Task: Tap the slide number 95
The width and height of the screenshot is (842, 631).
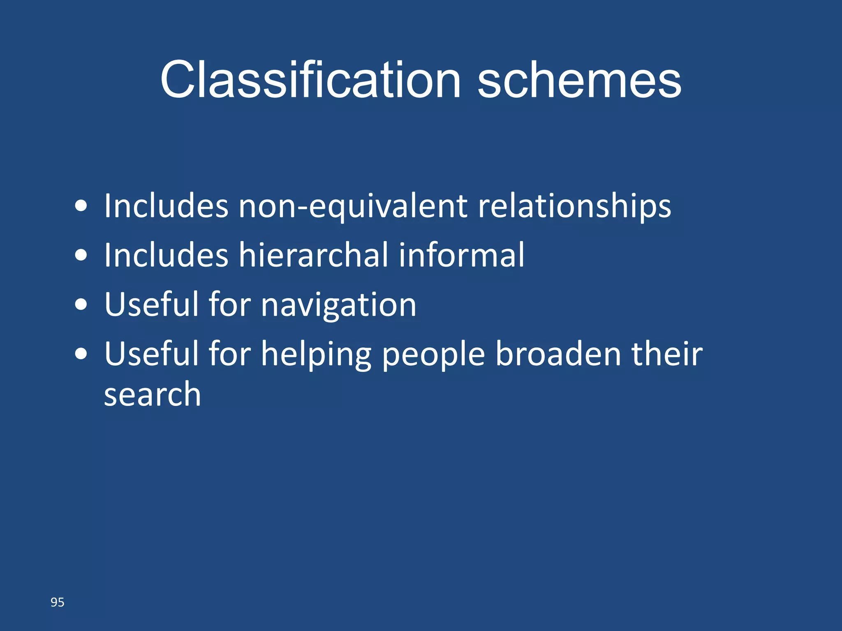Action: click(58, 602)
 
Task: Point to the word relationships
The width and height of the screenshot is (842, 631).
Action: click(574, 206)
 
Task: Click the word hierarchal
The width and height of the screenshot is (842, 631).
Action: click(314, 255)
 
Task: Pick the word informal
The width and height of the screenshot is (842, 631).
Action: click(462, 255)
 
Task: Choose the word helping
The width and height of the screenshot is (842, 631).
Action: click(316, 355)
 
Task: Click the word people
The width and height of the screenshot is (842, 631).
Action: click(433, 355)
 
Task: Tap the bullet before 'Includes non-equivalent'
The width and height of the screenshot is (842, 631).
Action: click(81, 206)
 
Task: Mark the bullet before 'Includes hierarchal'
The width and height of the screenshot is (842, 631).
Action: click(81, 255)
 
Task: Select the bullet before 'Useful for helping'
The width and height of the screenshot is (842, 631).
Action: click(81, 354)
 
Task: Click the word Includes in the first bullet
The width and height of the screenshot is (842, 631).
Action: click(166, 206)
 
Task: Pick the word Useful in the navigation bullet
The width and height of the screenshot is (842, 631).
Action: click(151, 305)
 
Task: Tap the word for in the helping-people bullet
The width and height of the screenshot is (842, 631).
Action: click(230, 354)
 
